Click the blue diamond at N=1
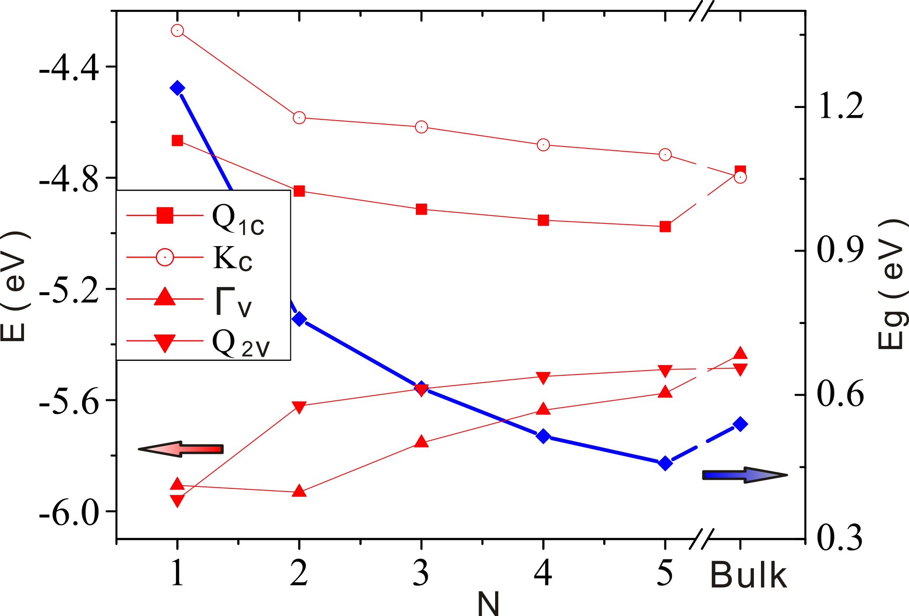[x=177, y=88]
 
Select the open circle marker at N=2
[x=299, y=117]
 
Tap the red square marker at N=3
[x=421, y=209]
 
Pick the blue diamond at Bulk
[x=740, y=424]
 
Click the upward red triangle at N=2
[x=299, y=491]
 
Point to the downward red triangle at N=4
[x=543, y=378]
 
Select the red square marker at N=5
[x=665, y=227]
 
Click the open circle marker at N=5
[x=665, y=154]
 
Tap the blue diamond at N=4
[x=543, y=436]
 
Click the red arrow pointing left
[x=181, y=449]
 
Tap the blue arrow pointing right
[x=744, y=475]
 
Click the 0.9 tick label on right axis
[x=840, y=250]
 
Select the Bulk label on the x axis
[x=748, y=576]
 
